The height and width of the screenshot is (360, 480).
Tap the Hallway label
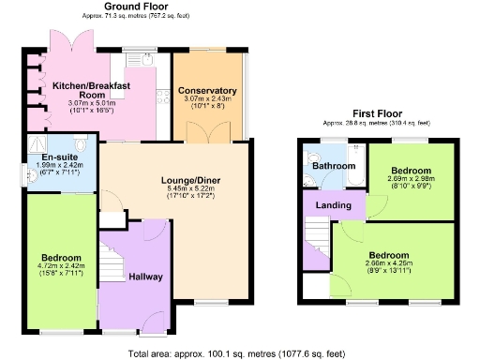[145, 277]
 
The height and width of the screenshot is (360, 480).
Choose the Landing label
[333, 205]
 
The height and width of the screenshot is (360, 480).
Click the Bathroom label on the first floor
[334, 167]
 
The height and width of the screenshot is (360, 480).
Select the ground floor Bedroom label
[60, 257]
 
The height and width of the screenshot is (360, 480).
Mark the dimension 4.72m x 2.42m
[60, 267]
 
